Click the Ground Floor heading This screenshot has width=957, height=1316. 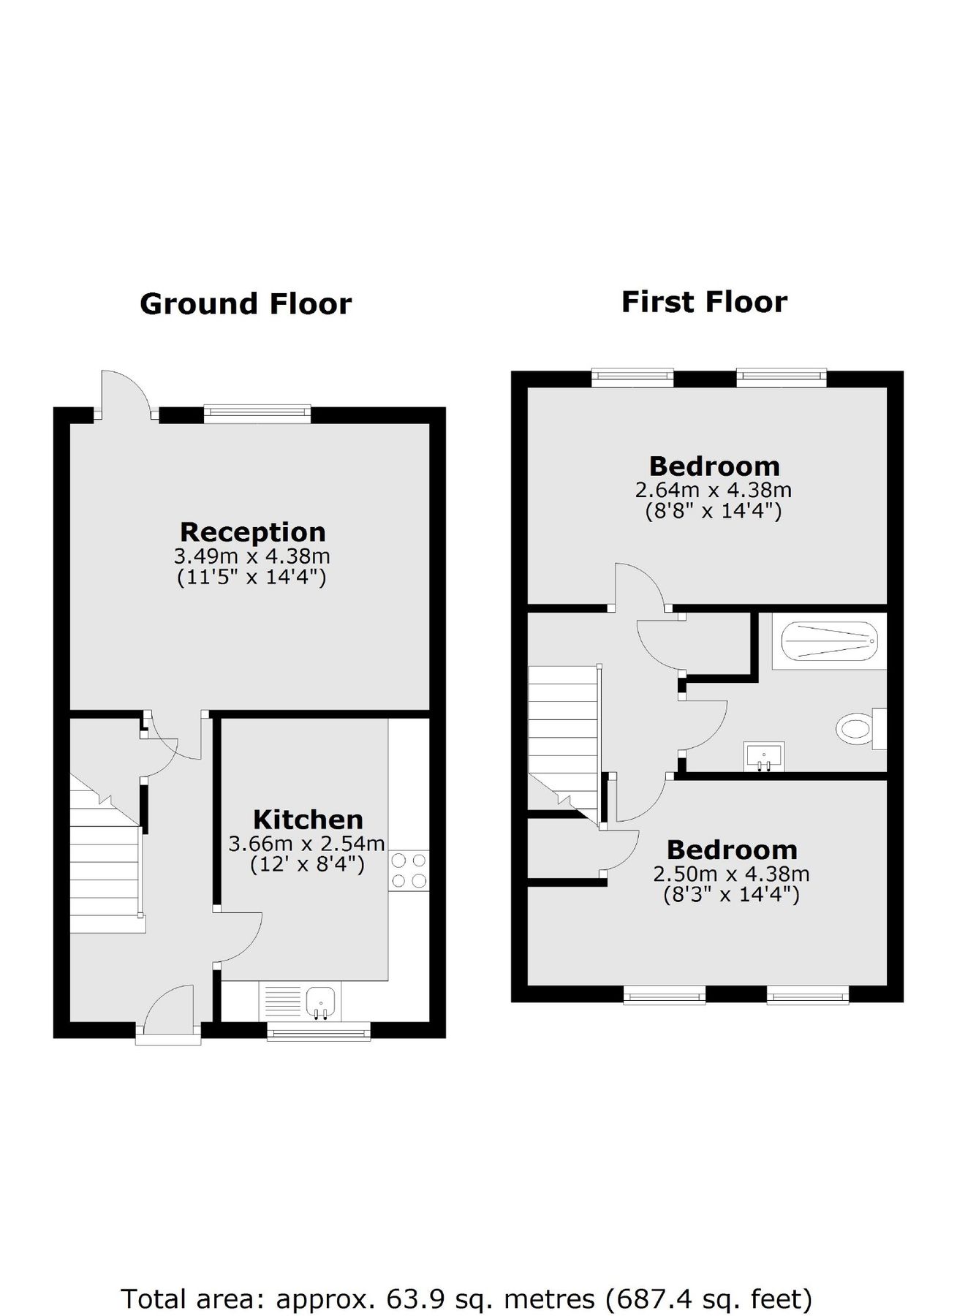[245, 303]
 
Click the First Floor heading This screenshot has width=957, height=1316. [703, 301]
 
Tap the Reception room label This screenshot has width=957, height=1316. [252, 532]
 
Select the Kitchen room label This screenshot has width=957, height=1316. [308, 819]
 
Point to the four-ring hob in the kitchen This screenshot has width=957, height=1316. [409, 871]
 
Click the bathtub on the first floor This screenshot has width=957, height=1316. [829, 641]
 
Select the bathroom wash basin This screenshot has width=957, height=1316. [763, 756]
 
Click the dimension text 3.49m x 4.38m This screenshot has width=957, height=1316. [251, 556]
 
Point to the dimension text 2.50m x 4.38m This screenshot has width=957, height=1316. [731, 874]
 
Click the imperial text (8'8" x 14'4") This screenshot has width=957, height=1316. [713, 510]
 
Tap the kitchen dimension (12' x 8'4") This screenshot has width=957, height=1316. [307, 865]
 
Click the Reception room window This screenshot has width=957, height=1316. [257, 415]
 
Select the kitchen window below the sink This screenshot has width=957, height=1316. [318, 1031]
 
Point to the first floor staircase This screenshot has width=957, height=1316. [562, 738]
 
